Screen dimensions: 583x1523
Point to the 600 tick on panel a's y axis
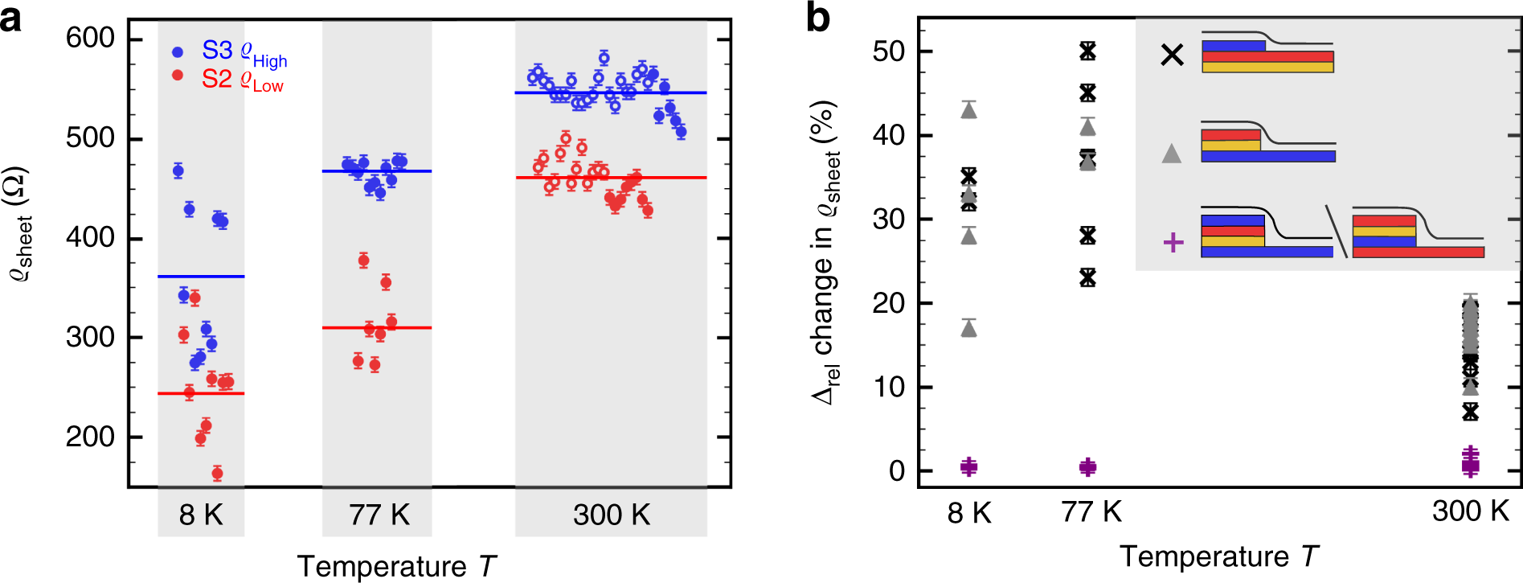click(90, 38)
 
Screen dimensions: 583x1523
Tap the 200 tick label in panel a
click(90, 437)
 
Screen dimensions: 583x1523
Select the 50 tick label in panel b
click(888, 51)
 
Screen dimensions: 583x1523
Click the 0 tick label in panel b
click(897, 471)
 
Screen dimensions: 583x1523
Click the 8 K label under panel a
click(201, 515)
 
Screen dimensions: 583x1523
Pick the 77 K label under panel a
click(379, 515)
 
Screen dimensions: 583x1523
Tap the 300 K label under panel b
click(1470, 511)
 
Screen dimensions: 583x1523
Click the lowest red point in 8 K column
click(217, 474)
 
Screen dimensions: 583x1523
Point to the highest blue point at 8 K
click(178, 170)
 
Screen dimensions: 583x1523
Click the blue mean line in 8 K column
click(201, 277)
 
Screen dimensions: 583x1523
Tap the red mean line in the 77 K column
click(377, 328)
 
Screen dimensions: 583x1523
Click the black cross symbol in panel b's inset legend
click(1173, 55)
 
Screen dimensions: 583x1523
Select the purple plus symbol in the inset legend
click(1173, 242)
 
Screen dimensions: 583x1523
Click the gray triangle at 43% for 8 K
click(968, 110)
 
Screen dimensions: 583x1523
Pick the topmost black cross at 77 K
click(1087, 51)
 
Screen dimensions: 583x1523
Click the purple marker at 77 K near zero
click(1087, 467)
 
